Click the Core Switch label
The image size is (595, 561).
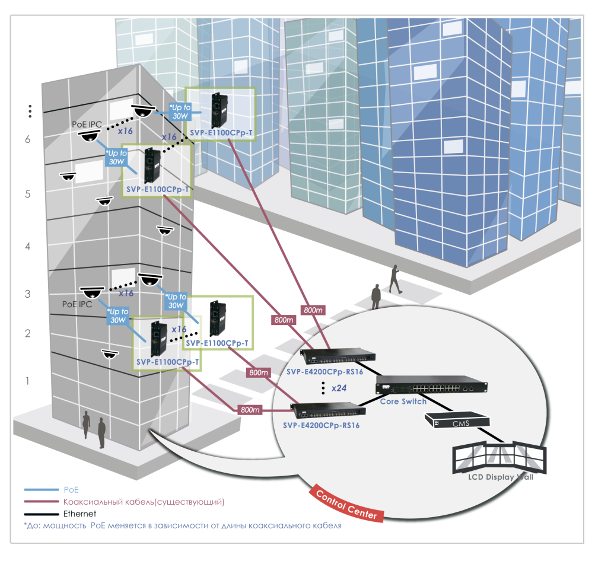[x=403, y=401]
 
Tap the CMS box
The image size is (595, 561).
[x=457, y=420]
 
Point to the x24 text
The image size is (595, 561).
[x=338, y=388]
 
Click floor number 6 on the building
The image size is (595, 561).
[x=27, y=139]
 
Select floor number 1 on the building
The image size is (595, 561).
[x=27, y=381]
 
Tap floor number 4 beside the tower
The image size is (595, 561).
[x=27, y=246]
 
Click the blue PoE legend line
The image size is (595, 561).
[x=40, y=490]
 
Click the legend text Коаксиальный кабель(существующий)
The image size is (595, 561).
[x=143, y=502]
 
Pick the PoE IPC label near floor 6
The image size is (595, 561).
[x=87, y=124]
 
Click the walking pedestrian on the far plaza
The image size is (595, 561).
[x=394, y=279]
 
